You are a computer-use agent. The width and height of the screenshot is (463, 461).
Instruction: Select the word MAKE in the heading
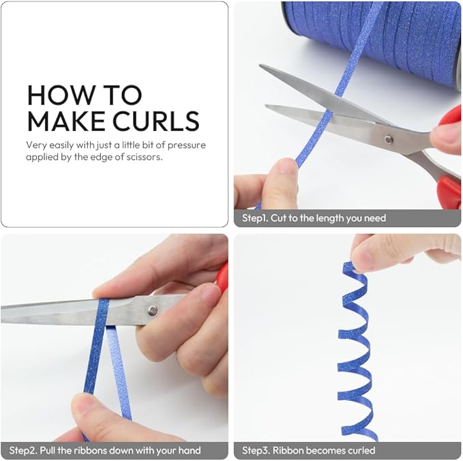(x=67, y=121)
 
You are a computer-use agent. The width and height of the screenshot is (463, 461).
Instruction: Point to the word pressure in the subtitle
(x=187, y=145)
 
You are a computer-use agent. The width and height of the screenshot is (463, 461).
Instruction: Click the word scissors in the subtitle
(x=144, y=157)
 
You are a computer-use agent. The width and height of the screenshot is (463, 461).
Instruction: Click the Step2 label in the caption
(x=23, y=450)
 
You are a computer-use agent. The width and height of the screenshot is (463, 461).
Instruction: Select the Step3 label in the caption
(x=256, y=450)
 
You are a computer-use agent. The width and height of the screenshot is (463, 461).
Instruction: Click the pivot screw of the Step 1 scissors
(x=388, y=139)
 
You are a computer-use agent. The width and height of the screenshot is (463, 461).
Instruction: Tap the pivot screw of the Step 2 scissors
(x=152, y=310)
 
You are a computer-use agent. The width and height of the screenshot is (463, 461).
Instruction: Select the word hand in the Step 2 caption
(x=190, y=450)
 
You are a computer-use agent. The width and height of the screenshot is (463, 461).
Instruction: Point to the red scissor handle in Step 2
(x=222, y=277)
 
